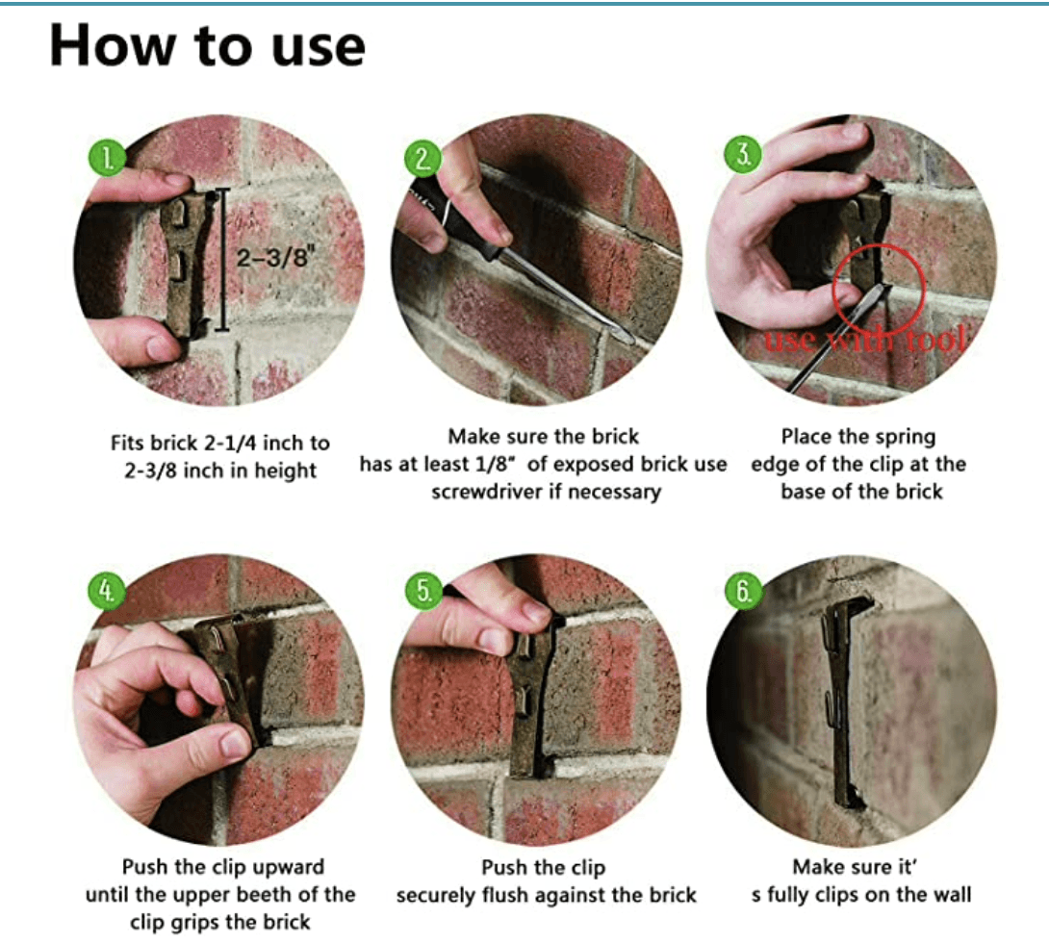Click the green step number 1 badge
pyautogui.click(x=107, y=159)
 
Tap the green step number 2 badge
pyautogui.click(x=423, y=159)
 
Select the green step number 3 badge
pyautogui.click(x=743, y=155)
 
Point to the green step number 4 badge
pyautogui.click(x=107, y=591)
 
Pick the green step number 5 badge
pyautogui.click(x=424, y=591)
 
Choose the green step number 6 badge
pyautogui.click(x=744, y=591)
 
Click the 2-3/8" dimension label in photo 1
pyautogui.click(x=274, y=256)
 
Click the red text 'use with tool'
pyautogui.click(x=865, y=340)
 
